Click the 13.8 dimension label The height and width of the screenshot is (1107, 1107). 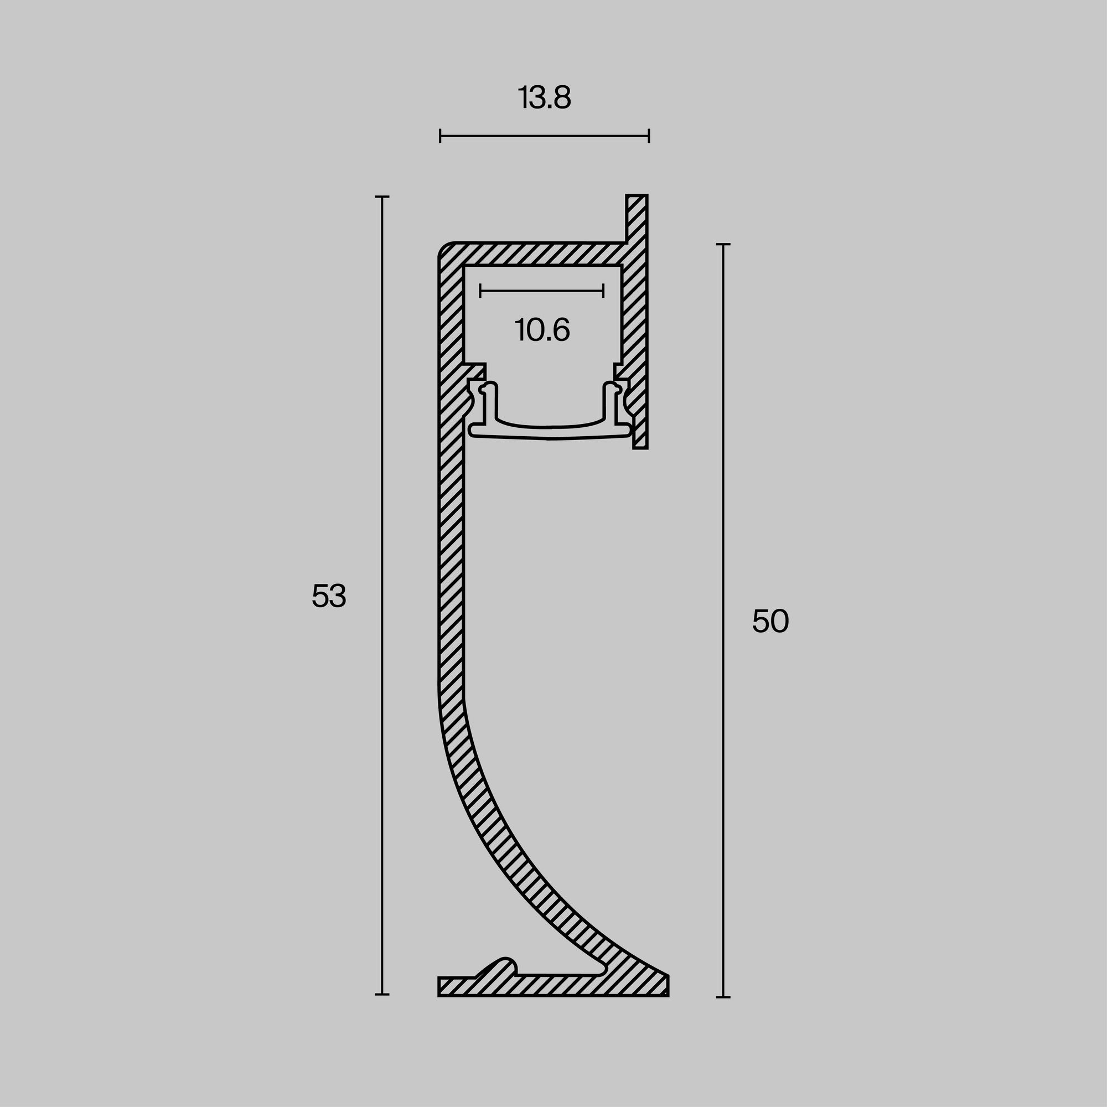[x=544, y=98]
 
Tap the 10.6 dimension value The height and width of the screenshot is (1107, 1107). [x=542, y=330]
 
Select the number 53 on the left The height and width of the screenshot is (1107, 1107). [x=329, y=597]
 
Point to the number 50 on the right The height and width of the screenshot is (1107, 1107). [x=770, y=622]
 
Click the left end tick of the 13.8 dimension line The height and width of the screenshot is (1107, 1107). [x=440, y=136]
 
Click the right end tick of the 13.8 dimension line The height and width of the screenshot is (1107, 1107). [x=649, y=136]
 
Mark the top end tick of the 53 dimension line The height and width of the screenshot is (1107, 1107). [x=382, y=196]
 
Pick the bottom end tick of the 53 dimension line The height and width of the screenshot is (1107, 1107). [x=382, y=994]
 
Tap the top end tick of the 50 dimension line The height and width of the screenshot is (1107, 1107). [x=723, y=245]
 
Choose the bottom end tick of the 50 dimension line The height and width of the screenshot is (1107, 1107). [x=723, y=997]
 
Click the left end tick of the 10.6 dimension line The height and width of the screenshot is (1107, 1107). [x=480, y=291]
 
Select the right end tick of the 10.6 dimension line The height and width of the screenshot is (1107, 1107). [x=603, y=291]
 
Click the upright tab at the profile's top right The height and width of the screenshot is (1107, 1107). [x=637, y=218]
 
